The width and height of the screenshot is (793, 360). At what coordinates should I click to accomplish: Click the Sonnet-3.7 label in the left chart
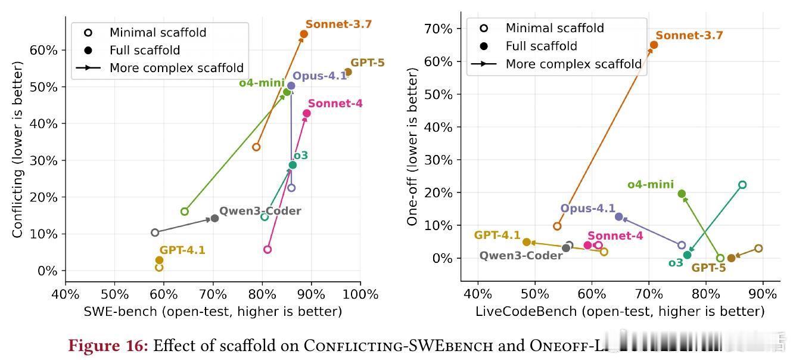[x=338, y=24]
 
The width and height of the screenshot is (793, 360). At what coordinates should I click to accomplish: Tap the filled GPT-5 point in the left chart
[x=348, y=72]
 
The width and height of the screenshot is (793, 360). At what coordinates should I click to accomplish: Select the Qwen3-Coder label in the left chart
[x=260, y=211]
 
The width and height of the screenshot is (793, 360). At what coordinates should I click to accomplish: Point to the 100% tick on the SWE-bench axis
[x=360, y=294]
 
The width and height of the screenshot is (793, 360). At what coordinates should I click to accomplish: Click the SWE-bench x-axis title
[x=213, y=311]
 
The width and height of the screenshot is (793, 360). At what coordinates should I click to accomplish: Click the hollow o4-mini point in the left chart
[x=185, y=212]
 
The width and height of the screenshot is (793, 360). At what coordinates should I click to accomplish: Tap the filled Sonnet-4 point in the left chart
[x=307, y=113]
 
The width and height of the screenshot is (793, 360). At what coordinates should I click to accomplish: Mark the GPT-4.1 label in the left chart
[x=182, y=250]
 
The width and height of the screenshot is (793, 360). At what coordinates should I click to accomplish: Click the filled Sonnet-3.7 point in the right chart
[x=654, y=45]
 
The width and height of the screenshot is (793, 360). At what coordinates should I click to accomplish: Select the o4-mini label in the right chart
[x=651, y=185]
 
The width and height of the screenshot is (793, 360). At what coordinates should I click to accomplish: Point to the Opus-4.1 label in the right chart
[x=587, y=209]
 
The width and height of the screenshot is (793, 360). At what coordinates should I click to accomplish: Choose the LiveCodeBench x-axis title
[x=620, y=311]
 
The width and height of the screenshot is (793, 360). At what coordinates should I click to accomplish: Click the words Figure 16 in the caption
[x=108, y=346]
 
